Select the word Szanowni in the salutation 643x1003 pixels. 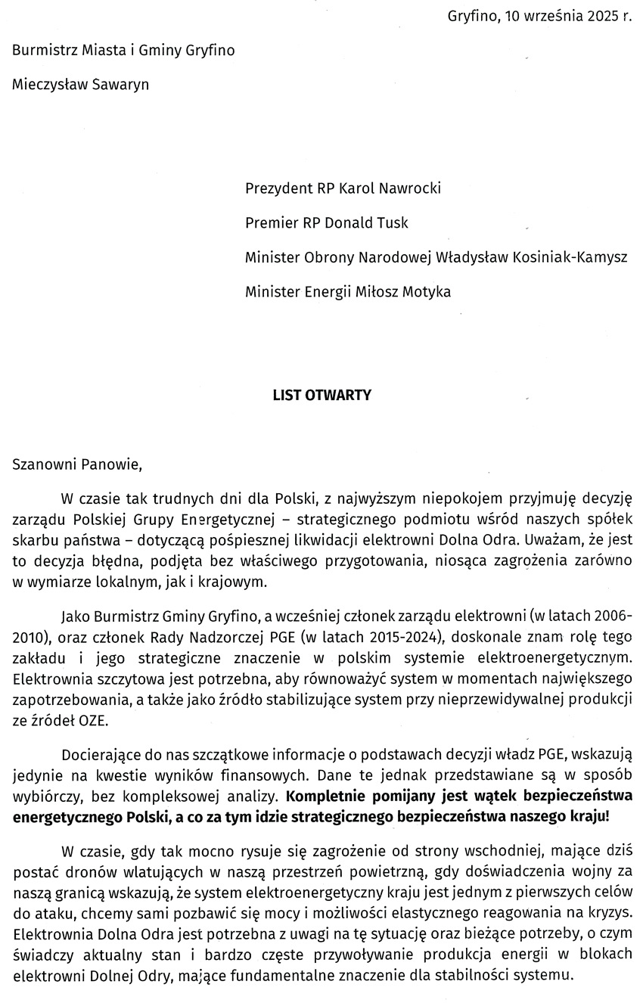click(x=42, y=464)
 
